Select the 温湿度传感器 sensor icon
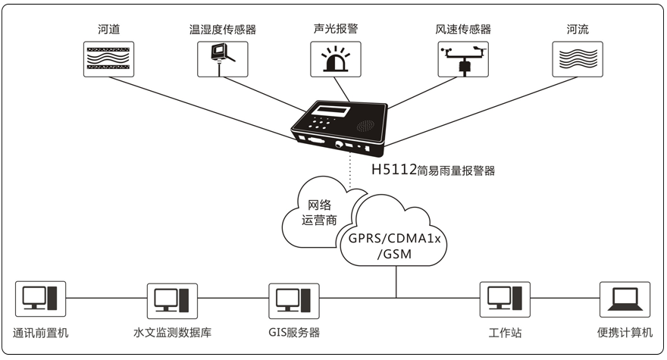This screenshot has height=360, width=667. pyautogui.click(x=222, y=58)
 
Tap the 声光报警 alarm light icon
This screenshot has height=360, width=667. pyautogui.click(x=335, y=58)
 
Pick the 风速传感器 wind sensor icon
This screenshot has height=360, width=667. pyautogui.click(x=463, y=58)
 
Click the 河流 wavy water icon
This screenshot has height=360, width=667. pyautogui.click(x=577, y=58)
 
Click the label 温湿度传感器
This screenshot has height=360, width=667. pyautogui.click(x=222, y=30)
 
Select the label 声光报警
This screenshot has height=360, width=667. pyautogui.click(x=335, y=30)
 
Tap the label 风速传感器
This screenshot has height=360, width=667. pyautogui.click(x=463, y=30)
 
